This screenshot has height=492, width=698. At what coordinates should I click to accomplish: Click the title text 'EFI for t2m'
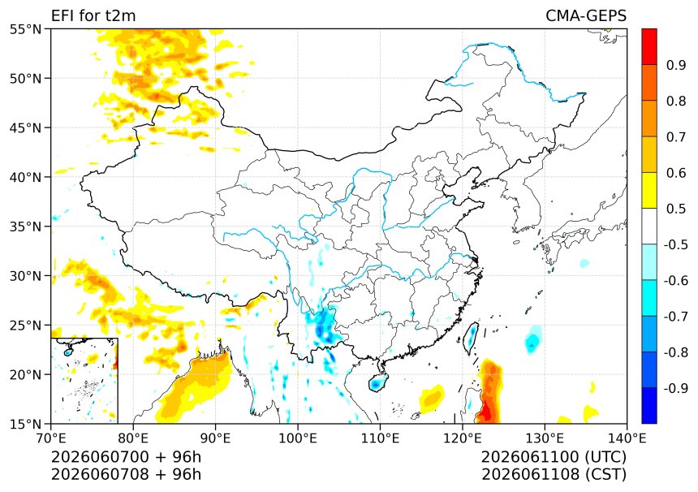93,15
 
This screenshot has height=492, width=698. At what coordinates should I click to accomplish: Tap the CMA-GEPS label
586,15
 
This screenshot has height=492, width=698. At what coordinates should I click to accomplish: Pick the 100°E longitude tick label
298,438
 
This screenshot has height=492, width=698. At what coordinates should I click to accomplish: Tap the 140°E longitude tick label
627,438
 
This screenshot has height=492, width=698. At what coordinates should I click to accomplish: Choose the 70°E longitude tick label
51,438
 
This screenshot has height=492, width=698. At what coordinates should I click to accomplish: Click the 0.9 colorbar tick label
676,65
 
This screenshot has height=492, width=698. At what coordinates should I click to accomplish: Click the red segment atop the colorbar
649,47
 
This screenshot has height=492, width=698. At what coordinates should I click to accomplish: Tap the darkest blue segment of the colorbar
649,405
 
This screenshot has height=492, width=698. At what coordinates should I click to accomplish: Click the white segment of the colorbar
649,227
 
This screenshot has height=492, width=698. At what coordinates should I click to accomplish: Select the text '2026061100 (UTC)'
554,457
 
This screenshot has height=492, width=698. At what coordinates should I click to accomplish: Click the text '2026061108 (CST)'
554,475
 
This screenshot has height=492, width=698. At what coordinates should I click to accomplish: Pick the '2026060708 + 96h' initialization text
126,475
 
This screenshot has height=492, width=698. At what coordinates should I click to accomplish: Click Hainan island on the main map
377,382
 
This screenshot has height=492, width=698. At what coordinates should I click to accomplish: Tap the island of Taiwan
471,338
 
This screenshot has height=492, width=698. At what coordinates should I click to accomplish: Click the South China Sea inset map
84,381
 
